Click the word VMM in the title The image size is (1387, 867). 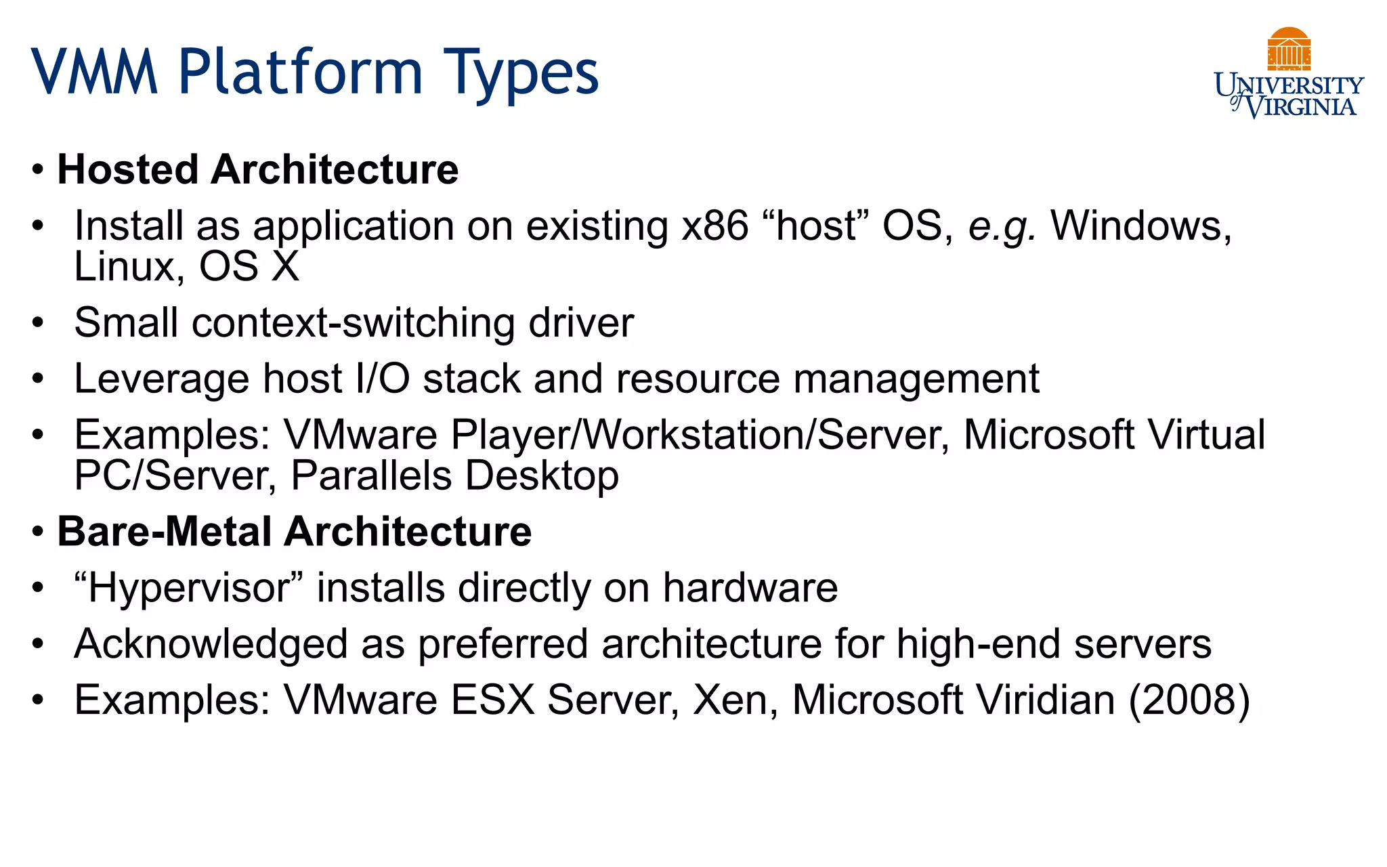pos(95,72)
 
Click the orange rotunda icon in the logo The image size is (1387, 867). pos(1289,49)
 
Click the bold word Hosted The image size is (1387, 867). pos(128,169)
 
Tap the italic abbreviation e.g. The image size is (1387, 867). pos(1002,227)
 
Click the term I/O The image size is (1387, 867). pos(383,379)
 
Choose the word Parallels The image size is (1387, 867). pos(371,475)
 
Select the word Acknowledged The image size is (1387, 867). pos(211,644)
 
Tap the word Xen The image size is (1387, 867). pos(735,700)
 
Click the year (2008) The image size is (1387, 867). pos(1189,700)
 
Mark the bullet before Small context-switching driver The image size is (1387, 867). pos(38,324)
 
